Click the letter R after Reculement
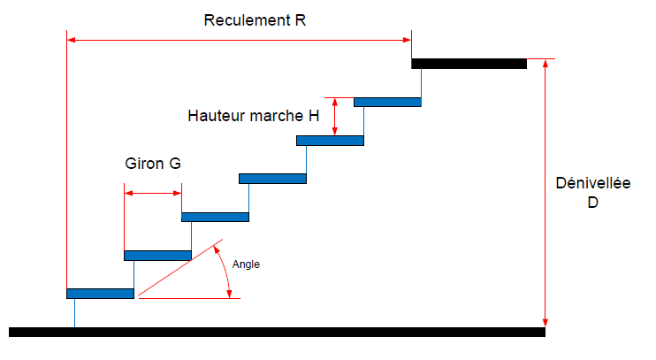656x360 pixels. (301, 20)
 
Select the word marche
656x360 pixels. (279, 116)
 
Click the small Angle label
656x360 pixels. (246, 264)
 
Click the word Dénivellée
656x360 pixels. (592, 184)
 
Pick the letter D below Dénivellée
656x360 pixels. (592, 203)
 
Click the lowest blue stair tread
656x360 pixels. (100, 294)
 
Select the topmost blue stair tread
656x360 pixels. (387, 102)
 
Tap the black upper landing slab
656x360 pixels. (469, 64)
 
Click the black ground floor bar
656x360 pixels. (277, 332)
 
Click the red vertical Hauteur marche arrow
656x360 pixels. (334, 116)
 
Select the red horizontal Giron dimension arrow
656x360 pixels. (153, 193)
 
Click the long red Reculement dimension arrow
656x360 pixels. (239, 40)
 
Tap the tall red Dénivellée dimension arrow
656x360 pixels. (545, 195)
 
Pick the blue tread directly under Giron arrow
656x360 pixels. (157, 256)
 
